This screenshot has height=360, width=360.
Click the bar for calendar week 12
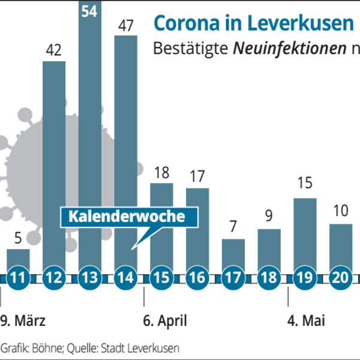54,166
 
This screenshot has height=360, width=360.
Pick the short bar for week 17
233,256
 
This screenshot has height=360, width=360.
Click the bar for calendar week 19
305,235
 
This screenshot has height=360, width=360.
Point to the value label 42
54,50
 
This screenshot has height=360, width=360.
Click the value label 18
162,172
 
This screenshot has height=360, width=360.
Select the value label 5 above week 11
18,238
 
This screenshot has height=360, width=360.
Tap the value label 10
341,211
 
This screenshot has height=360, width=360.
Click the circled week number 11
18,277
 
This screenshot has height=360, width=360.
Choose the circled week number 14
126,277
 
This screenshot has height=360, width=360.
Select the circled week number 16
197,277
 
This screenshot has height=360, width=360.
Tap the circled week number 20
341,277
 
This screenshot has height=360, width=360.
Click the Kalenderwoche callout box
129,217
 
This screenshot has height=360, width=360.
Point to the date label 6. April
165,321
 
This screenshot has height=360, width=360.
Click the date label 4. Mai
306,321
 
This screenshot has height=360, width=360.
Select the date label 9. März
23,321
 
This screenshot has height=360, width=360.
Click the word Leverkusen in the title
301,23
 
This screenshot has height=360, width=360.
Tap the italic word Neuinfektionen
290,48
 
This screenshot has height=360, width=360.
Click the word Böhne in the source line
47,348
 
